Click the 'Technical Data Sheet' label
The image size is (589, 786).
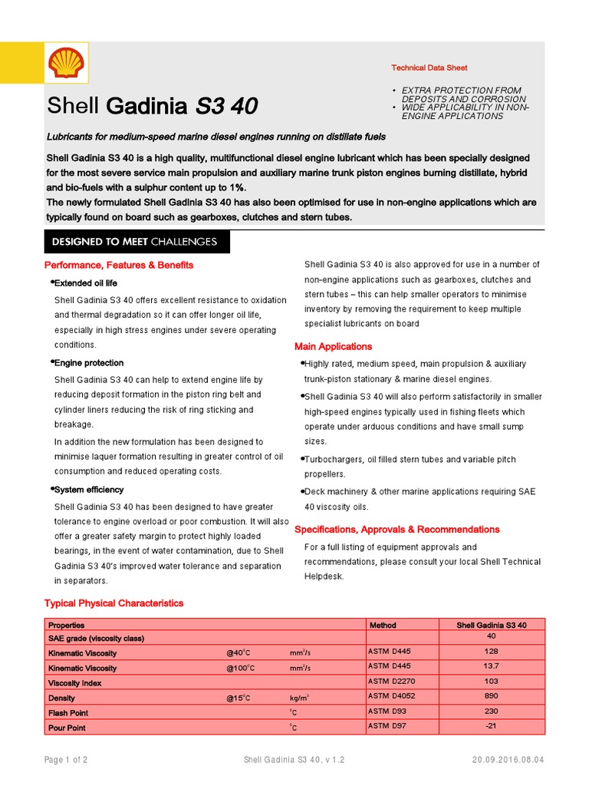(429, 68)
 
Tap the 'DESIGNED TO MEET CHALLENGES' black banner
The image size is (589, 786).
(134, 242)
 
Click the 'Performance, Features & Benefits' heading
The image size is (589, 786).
(119, 265)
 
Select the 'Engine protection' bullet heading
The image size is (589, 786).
(87, 362)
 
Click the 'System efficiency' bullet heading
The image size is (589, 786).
(87, 490)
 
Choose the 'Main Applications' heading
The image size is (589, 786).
(333, 346)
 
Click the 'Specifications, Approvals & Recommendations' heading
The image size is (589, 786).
(397, 530)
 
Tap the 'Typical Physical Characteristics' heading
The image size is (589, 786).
(114, 603)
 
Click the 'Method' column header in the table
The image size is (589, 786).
(383, 625)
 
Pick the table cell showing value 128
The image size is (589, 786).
(492, 652)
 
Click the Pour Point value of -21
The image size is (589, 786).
(492, 726)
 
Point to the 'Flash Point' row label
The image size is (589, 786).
(68, 713)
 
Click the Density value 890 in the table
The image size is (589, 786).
(492, 697)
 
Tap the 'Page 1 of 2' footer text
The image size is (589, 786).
(66, 760)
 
